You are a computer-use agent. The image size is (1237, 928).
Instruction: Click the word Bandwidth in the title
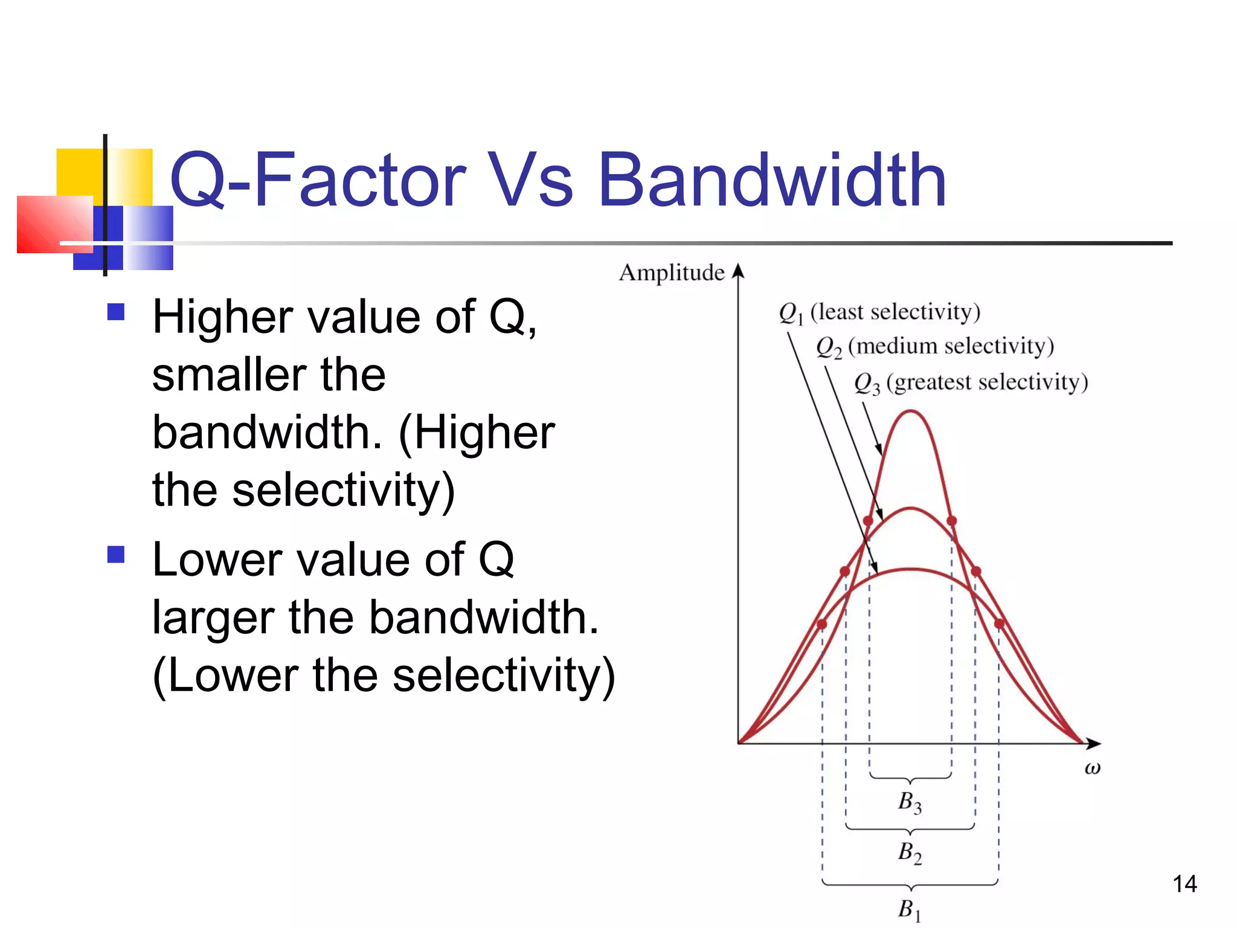tap(771, 180)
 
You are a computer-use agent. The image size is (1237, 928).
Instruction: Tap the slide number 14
tap(1184, 884)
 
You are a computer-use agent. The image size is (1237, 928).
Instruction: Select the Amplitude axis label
tap(671, 272)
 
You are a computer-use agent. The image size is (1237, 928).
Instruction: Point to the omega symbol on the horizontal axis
tap(1092, 768)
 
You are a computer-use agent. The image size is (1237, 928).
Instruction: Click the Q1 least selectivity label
tap(879, 312)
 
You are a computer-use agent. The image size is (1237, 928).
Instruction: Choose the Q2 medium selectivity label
tap(934, 347)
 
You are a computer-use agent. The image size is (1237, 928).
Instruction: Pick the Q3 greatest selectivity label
tap(971, 382)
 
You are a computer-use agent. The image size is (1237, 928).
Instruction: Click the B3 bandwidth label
tap(910, 802)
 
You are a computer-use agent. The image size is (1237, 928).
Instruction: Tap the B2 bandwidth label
tap(910, 852)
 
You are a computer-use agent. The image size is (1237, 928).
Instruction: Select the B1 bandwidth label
tap(910, 909)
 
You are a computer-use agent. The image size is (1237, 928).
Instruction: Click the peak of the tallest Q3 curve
tap(910, 411)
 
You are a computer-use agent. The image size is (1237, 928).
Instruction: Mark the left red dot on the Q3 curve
tap(868, 521)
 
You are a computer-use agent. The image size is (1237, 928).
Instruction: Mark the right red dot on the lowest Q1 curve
tap(999, 623)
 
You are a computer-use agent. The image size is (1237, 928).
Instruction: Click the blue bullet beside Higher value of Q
tap(115, 312)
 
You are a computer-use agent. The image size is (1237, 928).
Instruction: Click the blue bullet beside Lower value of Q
tap(115, 554)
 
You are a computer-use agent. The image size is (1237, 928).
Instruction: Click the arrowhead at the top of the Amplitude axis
tap(737, 270)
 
